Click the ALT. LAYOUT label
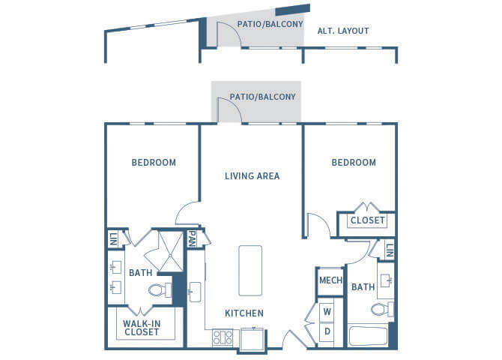(343, 31)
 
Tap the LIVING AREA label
(252, 176)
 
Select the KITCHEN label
(244, 313)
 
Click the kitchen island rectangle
(250, 271)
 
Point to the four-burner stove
(223, 337)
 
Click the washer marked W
(327, 311)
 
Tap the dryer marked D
(327, 331)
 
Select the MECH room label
(330, 280)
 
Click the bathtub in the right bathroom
(368, 336)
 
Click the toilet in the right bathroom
(382, 309)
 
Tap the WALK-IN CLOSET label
(142, 328)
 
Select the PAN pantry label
(192, 238)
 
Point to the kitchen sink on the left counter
(195, 292)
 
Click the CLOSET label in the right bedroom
(367, 220)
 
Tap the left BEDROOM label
(154, 163)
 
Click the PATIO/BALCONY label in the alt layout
(270, 24)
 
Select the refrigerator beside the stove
(253, 339)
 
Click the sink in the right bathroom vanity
(386, 280)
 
